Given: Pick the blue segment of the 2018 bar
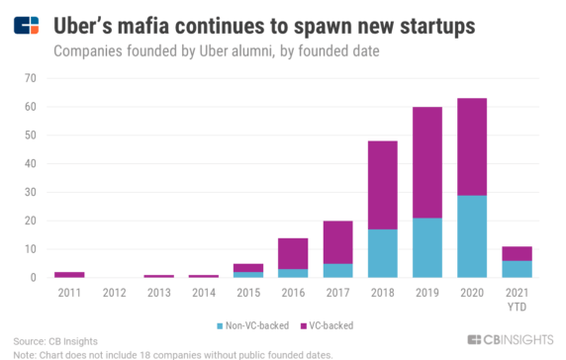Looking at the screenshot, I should (382, 253).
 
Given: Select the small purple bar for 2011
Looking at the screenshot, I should (68, 274).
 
